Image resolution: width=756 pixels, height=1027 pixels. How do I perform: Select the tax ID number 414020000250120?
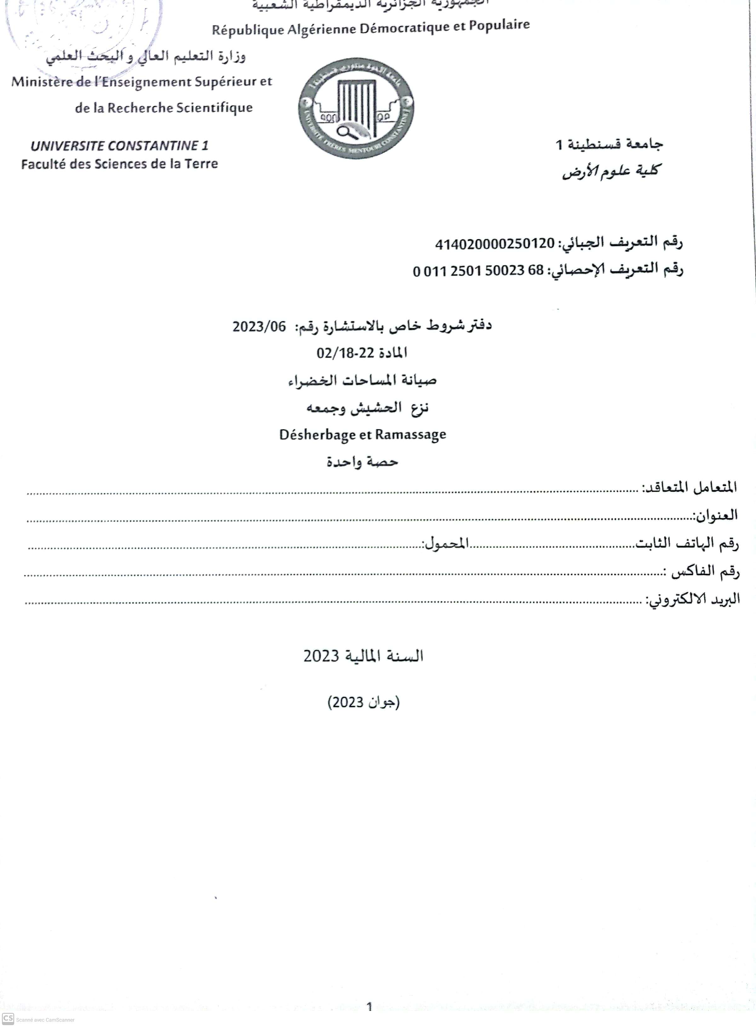pos(495,244)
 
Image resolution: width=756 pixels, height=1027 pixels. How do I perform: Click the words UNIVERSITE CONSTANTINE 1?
pos(119,146)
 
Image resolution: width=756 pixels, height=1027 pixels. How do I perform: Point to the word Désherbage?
pos(318,435)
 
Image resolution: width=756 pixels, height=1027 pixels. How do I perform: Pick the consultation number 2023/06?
pos(259,327)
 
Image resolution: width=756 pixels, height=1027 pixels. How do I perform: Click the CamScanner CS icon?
pos(8,1018)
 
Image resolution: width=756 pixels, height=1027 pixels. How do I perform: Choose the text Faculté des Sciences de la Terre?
pos(119,164)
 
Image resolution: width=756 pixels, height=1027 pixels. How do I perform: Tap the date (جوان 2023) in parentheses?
pos(364,702)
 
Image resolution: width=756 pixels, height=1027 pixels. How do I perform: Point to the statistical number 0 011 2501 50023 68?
pos(478,271)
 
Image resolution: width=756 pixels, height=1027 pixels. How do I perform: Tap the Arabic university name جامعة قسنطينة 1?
pos(609,145)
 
